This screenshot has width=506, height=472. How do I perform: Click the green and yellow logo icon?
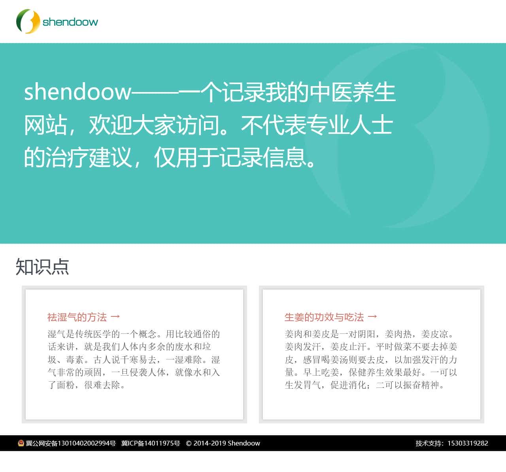point(28,21)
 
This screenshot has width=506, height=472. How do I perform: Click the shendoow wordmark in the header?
point(70,22)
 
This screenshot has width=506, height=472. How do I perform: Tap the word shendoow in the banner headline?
point(77,92)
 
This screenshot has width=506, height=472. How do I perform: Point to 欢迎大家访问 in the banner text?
point(154,125)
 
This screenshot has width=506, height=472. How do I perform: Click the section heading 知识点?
point(42,267)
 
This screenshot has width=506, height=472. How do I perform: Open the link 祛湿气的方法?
point(77,317)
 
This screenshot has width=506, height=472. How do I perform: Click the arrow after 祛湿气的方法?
point(115,317)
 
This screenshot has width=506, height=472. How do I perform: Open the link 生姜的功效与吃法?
point(324,317)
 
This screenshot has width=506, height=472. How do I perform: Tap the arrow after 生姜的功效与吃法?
point(372,317)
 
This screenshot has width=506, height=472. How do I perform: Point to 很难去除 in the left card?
point(102,385)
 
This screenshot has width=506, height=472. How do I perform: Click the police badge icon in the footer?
point(21,443)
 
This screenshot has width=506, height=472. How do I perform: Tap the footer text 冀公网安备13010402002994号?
point(71,443)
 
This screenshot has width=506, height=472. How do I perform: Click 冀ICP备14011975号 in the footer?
point(151,443)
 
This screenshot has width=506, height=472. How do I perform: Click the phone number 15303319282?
point(468,443)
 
